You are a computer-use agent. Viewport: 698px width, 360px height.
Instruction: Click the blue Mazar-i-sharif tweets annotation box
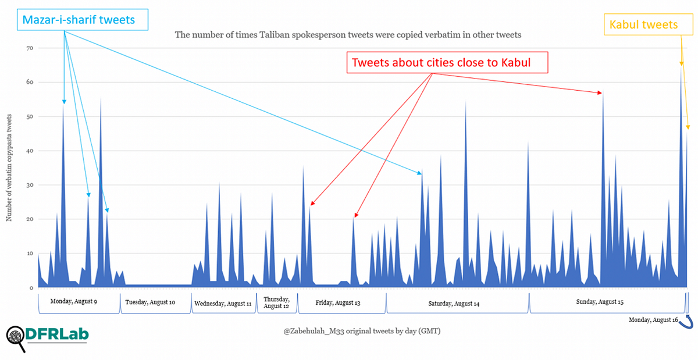[x=79, y=20]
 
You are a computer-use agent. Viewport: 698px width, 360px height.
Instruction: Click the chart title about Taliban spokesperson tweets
[x=348, y=35]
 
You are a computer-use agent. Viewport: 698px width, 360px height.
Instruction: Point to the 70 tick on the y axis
[x=27, y=48]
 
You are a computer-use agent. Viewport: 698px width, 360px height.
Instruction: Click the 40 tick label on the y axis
[x=27, y=151]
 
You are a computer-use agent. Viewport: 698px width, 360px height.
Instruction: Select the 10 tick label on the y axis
[x=27, y=254]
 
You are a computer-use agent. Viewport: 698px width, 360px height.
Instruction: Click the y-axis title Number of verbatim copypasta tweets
[x=9, y=168]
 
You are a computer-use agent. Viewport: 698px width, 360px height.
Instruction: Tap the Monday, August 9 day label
[x=74, y=301]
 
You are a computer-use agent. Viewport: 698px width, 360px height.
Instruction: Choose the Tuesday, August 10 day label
[x=150, y=302]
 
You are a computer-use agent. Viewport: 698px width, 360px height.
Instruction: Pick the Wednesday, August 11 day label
[x=223, y=304]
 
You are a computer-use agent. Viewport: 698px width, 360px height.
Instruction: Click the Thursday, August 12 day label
[x=276, y=302]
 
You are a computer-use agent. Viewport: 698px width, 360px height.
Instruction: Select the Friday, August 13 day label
[x=338, y=302]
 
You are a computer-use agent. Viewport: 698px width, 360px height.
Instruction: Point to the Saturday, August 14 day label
[x=454, y=304]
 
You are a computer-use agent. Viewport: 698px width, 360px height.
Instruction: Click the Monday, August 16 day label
[x=653, y=320]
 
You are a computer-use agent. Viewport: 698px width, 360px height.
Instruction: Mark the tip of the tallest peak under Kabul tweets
[x=681, y=69]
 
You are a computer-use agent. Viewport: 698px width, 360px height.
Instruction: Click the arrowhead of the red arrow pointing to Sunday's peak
[x=601, y=92]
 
